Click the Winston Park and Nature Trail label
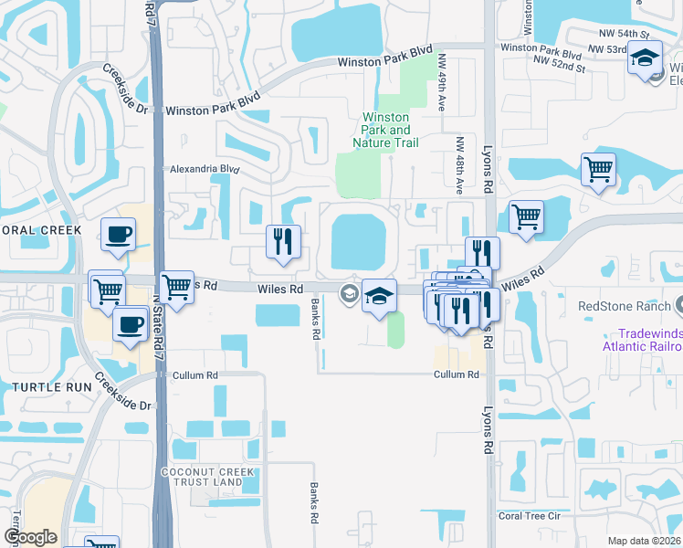(387, 130)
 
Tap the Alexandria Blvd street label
(204, 169)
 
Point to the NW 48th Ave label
(459, 164)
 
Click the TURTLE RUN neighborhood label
(47, 387)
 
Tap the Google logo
(30, 537)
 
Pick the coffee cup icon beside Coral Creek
(119, 235)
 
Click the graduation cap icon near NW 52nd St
(646, 58)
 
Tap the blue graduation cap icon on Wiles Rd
(379, 295)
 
